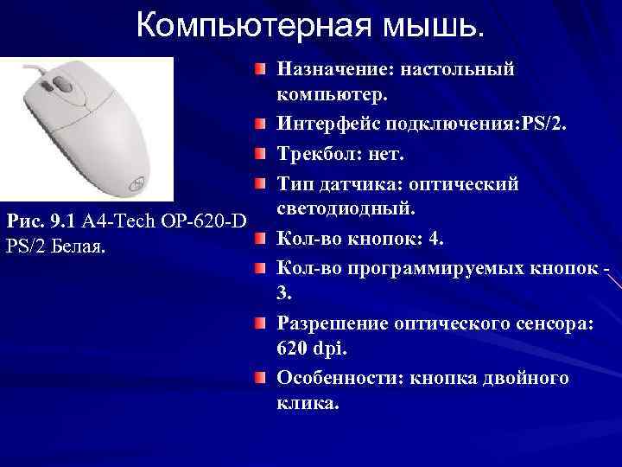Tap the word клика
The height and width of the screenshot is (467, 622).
tap(306, 403)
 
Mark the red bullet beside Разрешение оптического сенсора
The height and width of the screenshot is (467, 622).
tap(260, 323)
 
